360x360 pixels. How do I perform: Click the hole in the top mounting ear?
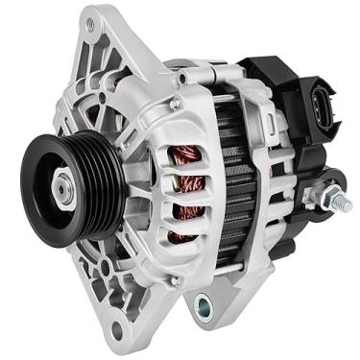point(91,18)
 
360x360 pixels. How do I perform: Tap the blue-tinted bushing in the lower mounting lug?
point(203,306)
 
